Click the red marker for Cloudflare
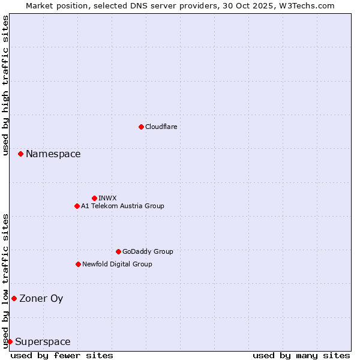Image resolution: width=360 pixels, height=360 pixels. (x=141, y=127)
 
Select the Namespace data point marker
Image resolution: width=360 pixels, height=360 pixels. (x=20, y=154)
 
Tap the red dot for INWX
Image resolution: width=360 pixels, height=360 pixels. (x=94, y=198)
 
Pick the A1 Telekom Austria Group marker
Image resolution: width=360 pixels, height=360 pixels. (x=77, y=206)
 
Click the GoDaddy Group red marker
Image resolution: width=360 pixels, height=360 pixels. (x=118, y=251)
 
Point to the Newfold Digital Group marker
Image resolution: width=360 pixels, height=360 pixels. (x=78, y=264)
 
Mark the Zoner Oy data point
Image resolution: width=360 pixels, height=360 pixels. (x=14, y=298)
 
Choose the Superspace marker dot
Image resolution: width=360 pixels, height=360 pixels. (x=10, y=341)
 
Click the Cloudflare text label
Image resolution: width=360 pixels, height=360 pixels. (x=161, y=127)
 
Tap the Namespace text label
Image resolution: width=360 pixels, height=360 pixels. (x=53, y=154)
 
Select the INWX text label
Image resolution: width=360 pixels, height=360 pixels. (x=107, y=198)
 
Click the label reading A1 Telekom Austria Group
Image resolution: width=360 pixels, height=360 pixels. (x=122, y=206)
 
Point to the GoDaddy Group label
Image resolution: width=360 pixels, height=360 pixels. (x=148, y=251)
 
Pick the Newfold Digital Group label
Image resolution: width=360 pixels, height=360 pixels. (x=117, y=264)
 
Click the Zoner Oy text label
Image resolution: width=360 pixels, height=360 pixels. (x=41, y=298)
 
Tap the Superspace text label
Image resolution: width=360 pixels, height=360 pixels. (x=43, y=342)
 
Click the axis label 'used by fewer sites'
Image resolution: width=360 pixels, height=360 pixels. (x=62, y=355)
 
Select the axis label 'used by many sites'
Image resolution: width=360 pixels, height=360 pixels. (x=301, y=355)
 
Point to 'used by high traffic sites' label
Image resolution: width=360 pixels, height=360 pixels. (x=5, y=85)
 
